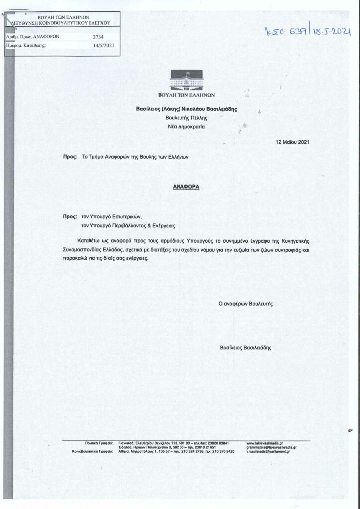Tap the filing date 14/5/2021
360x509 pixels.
(x=104, y=45)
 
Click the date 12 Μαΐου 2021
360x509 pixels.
(x=292, y=142)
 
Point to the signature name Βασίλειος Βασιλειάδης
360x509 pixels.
(x=246, y=348)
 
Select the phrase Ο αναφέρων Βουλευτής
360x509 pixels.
(x=246, y=303)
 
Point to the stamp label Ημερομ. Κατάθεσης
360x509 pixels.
(x=25, y=45)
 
